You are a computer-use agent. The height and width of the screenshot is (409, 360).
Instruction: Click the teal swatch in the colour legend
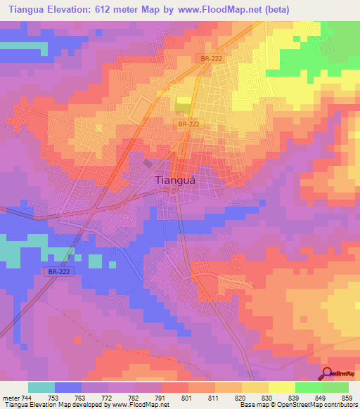click(41, 387)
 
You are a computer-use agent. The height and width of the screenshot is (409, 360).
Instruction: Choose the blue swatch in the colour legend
click(68, 387)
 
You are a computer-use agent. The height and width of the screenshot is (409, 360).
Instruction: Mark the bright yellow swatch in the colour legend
click(281, 387)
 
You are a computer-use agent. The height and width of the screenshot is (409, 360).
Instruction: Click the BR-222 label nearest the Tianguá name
click(186, 123)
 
